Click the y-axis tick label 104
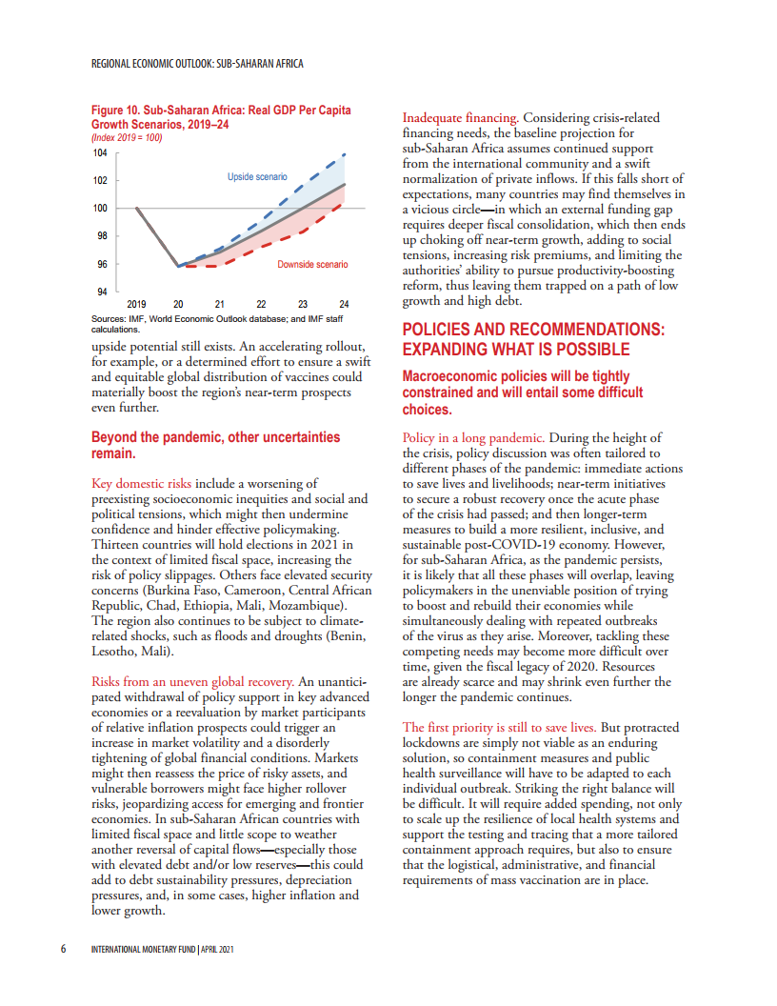coord(99,152)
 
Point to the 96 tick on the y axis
coord(101,264)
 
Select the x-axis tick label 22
coord(261,304)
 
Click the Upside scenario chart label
coord(257,177)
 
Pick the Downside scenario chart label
coord(312,264)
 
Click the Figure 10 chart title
coord(220,117)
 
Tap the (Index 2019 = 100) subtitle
coord(127,138)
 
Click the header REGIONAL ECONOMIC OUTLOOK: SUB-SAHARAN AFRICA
coord(197,65)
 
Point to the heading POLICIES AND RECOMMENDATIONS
coord(532,329)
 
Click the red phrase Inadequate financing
coord(459,117)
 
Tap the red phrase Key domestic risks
coord(141,484)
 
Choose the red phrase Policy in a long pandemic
coord(473,438)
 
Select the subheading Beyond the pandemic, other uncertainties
coord(215,437)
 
